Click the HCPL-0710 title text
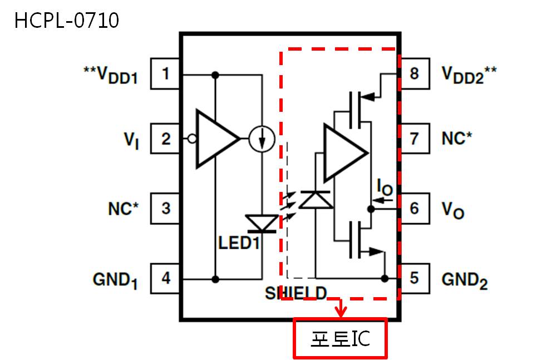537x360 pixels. click(x=66, y=20)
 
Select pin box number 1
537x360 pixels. click(x=165, y=73)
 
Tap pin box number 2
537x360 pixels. click(x=165, y=139)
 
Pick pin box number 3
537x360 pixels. click(x=165, y=209)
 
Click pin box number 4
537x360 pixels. click(x=165, y=278)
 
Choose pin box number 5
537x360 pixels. click(x=415, y=278)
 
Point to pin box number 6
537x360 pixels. click(x=415, y=209)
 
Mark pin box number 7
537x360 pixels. click(x=415, y=139)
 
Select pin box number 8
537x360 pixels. click(x=415, y=73)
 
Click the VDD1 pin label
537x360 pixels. click(x=111, y=75)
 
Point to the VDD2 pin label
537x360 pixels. click(x=469, y=75)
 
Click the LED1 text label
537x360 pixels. click(x=239, y=243)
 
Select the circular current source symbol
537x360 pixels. click(x=262, y=139)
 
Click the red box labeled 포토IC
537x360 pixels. click(x=341, y=338)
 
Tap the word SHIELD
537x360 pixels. click(x=296, y=293)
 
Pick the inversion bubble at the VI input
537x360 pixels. click(x=193, y=139)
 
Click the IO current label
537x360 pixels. click(x=385, y=188)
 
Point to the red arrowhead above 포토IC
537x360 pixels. click(x=341, y=312)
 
